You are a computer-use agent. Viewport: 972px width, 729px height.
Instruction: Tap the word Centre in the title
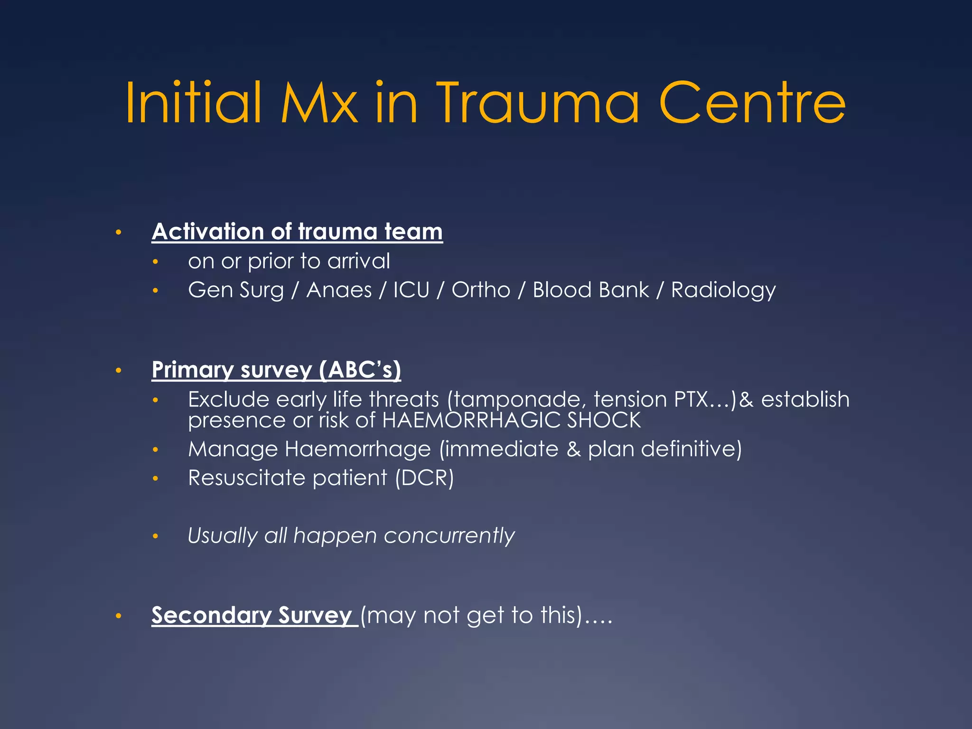[752, 103]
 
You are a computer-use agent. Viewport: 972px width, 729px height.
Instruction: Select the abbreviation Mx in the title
[319, 103]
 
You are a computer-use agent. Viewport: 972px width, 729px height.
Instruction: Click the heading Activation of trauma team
[297, 232]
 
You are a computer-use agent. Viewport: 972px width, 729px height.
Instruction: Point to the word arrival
[359, 261]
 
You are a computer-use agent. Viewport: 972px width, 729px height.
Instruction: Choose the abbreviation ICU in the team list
[411, 290]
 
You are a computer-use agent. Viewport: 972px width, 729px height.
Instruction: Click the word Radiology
[723, 290]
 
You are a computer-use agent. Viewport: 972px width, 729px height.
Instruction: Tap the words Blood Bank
[590, 290]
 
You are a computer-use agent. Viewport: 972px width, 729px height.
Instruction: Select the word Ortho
[481, 290]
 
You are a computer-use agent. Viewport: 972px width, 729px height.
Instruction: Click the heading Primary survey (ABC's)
[276, 370]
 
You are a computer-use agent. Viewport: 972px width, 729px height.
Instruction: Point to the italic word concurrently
[449, 536]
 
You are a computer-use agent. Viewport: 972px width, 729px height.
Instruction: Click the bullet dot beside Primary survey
[119, 370]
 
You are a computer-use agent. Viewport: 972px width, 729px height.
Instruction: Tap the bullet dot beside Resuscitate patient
[155, 478]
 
